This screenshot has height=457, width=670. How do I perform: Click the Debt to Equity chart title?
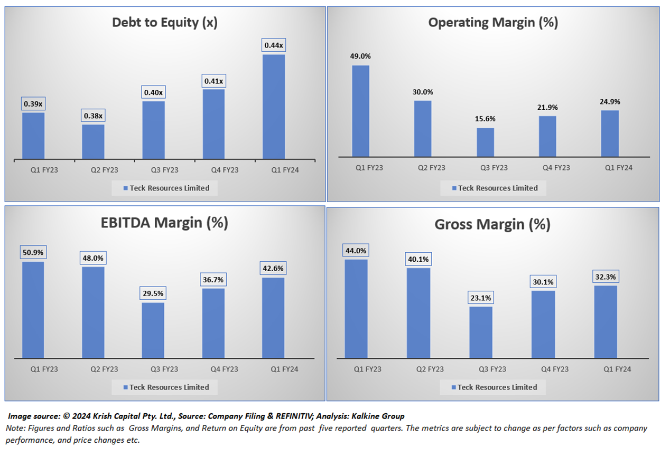click(x=165, y=23)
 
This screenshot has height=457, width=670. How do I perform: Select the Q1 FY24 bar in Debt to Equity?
click(x=274, y=106)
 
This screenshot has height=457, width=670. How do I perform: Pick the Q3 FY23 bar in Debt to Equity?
click(x=153, y=129)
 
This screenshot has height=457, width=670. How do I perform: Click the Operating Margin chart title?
click(x=493, y=23)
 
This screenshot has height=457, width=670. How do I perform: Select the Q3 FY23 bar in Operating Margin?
click(x=485, y=142)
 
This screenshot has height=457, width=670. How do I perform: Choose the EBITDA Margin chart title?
click(x=165, y=223)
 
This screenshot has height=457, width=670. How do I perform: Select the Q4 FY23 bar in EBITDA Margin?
click(x=213, y=323)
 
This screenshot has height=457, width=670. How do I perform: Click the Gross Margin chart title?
click(x=492, y=225)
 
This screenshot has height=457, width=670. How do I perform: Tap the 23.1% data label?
click(x=480, y=298)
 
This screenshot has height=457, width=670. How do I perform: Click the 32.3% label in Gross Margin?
click(x=605, y=277)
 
